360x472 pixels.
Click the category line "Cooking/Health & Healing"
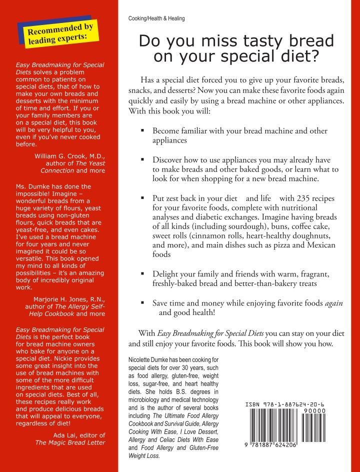pos(156,18)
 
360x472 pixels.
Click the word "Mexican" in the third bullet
pos(322,245)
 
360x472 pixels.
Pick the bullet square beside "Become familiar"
pos(142,131)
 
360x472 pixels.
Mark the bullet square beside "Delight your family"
pos(142,274)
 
